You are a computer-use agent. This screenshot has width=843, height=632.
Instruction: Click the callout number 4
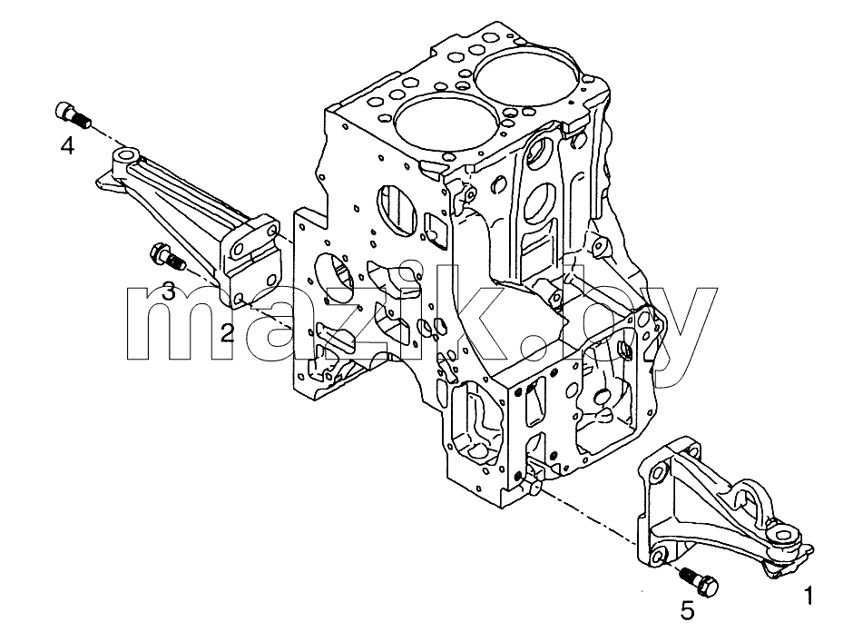[66, 145]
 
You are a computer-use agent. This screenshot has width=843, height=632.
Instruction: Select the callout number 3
[169, 292]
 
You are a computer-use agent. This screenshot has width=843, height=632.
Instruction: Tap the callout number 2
[228, 333]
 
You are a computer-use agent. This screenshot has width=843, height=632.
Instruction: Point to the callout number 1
[809, 596]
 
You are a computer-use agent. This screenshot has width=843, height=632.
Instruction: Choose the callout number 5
[687, 610]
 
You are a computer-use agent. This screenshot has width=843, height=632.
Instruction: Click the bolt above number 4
[74, 114]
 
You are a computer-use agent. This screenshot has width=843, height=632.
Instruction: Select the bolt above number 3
[168, 257]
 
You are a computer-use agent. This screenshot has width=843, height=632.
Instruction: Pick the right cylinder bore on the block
[530, 76]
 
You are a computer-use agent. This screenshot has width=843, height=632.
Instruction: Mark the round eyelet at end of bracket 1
[783, 538]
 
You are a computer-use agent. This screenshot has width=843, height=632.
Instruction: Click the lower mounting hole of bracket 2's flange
[240, 298]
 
